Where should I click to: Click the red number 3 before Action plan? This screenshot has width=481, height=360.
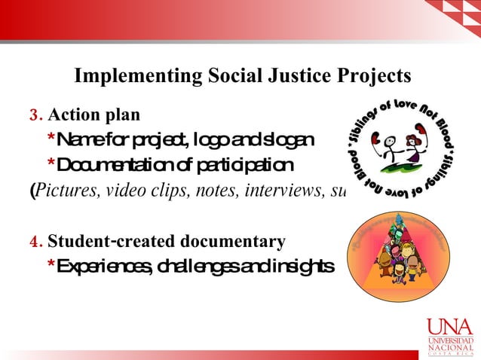coord(33,116)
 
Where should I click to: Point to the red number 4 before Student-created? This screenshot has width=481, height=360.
coord(33,243)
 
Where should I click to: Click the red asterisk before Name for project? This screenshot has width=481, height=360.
coord(51,140)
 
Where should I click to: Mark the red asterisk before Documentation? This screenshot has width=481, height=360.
coord(51,164)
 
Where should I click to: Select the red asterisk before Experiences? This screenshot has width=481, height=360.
coord(51,267)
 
